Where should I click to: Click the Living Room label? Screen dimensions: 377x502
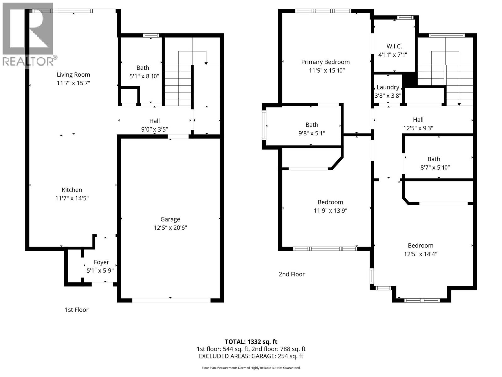(73, 75)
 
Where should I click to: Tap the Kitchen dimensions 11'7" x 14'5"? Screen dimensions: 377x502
(72, 198)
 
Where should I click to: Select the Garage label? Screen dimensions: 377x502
(170, 219)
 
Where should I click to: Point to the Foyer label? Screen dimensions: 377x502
(101, 262)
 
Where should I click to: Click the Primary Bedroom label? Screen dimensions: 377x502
(325, 62)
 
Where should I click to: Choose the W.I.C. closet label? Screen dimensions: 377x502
(394, 46)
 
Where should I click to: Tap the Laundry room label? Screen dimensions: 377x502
(388, 87)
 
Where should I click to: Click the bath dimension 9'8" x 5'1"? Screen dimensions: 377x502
(312, 133)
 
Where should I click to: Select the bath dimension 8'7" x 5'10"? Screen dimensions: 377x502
(435, 167)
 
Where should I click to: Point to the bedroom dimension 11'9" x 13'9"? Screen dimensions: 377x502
(330, 210)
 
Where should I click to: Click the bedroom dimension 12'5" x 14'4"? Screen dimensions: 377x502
(420, 254)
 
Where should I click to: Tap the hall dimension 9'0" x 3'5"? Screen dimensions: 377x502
(154, 129)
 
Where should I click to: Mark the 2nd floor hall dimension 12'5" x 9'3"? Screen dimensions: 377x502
(418, 128)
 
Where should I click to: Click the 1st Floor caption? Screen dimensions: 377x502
(77, 310)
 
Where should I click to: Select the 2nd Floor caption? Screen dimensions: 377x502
(291, 274)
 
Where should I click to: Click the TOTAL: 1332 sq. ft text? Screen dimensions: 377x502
(251, 342)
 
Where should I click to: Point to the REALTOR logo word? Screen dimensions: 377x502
(28, 61)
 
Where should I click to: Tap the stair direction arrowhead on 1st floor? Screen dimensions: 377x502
(206, 63)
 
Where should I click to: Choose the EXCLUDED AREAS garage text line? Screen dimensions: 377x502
(251, 356)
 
